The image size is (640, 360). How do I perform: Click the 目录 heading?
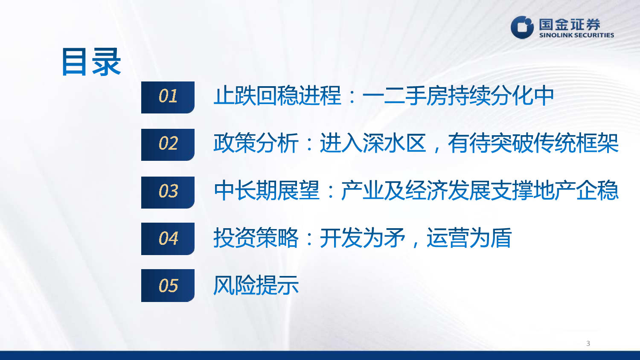pyautogui.click(x=91, y=62)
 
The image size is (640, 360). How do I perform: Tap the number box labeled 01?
pyautogui.click(x=168, y=97)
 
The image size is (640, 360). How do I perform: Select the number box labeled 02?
pyautogui.click(x=168, y=145)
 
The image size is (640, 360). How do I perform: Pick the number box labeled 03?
pyautogui.click(x=168, y=192)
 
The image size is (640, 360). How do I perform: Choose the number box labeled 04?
pyautogui.click(x=168, y=238)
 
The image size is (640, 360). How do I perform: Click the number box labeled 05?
pyautogui.click(x=168, y=285)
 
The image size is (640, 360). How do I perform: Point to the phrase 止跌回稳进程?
pyautogui.click(x=277, y=96)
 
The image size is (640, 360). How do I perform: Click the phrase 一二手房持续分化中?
pyautogui.click(x=458, y=96)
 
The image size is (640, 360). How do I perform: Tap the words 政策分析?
pyautogui.click(x=256, y=143)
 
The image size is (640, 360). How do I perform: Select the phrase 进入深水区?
pyautogui.click(x=373, y=143)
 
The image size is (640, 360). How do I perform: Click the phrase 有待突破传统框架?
pyautogui.click(x=533, y=143)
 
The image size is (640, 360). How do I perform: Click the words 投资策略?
pyautogui.click(x=256, y=238)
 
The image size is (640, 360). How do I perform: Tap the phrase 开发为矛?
pyautogui.click(x=362, y=238)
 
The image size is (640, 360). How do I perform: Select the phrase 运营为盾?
pyautogui.click(x=469, y=238)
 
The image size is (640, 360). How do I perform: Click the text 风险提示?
pyautogui.click(x=256, y=285)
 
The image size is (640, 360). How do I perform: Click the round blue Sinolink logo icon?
pyautogui.click(x=522, y=27)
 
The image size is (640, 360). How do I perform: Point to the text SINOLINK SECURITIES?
pyautogui.click(x=576, y=35)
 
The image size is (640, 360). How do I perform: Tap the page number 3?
pyautogui.click(x=588, y=343)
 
